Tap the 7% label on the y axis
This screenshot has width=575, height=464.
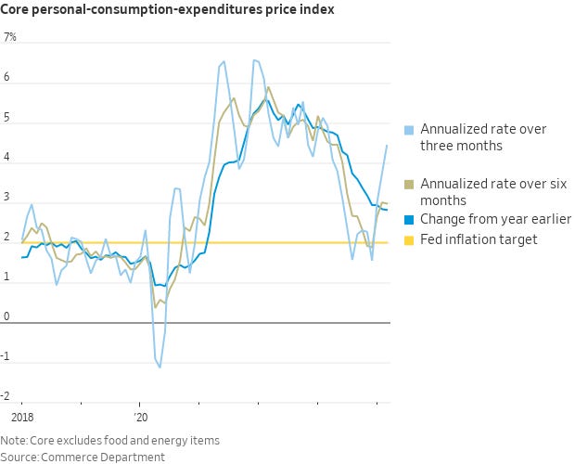pyautogui.click(x=10, y=38)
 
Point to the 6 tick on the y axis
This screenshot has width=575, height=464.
pyautogui.click(x=7, y=78)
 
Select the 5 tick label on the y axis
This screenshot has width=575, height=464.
pyautogui.click(x=7, y=118)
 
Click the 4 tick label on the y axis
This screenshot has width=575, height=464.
pyautogui.click(x=7, y=158)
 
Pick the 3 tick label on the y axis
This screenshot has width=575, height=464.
pyautogui.click(x=7, y=198)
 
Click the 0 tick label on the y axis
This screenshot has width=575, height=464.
pyautogui.click(x=7, y=317)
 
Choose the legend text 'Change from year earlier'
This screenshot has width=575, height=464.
pyautogui.click(x=495, y=219)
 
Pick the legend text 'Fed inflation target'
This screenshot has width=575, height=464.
pyautogui.click(x=479, y=239)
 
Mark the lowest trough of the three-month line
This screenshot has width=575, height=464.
pyautogui.click(x=160, y=367)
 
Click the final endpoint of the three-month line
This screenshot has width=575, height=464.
pyautogui.click(x=387, y=145)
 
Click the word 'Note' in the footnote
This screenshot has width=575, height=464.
pyautogui.click(x=14, y=440)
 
